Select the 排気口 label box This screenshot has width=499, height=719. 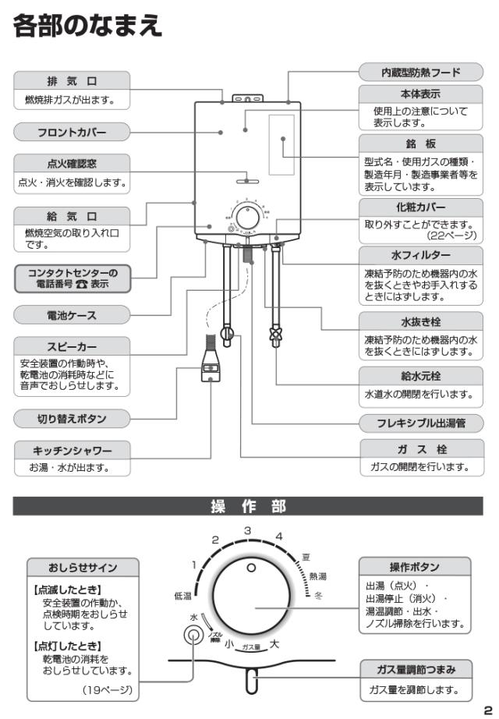pos(71,81)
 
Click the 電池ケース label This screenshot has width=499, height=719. pos(71,313)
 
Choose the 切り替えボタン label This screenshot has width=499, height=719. pos(71,419)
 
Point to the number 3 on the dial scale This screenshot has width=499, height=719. pos(247,530)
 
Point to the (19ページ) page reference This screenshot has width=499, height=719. pos(113,689)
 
